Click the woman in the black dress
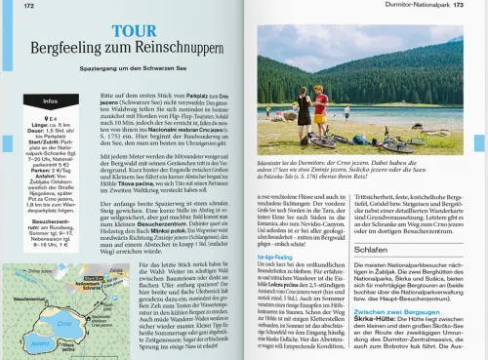(305, 108)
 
